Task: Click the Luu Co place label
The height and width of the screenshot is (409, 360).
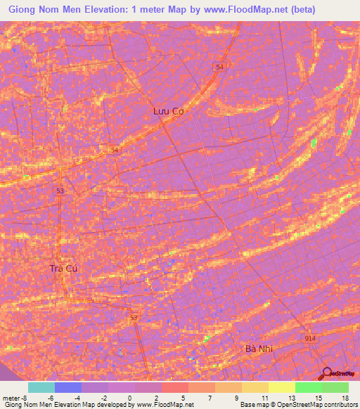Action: [x=168, y=110]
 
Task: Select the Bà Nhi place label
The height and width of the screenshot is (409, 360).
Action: [x=258, y=349]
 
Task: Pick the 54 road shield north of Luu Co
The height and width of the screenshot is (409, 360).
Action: [x=220, y=66]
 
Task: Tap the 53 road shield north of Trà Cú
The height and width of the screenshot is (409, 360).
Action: [x=61, y=190]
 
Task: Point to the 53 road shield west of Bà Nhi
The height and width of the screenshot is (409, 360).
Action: [x=134, y=318]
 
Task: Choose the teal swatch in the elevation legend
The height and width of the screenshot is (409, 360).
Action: [x=41, y=387]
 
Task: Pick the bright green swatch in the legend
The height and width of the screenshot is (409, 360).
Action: [x=308, y=387]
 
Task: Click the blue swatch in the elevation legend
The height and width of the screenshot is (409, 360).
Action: [x=67, y=387]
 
